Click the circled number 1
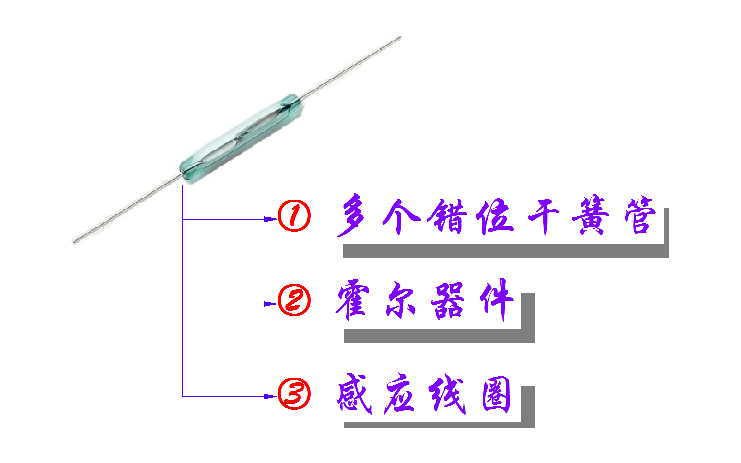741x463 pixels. (294, 216)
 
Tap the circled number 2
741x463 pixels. (294, 301)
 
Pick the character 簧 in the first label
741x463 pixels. (591, 216)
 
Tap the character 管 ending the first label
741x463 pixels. (639, 216)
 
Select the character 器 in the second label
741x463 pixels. (447, 301)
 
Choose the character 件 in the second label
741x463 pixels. (495, 301)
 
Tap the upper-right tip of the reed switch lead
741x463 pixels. (400, 37)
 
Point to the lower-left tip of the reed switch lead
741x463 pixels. (75, 241)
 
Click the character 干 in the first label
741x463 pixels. (543, 216)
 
